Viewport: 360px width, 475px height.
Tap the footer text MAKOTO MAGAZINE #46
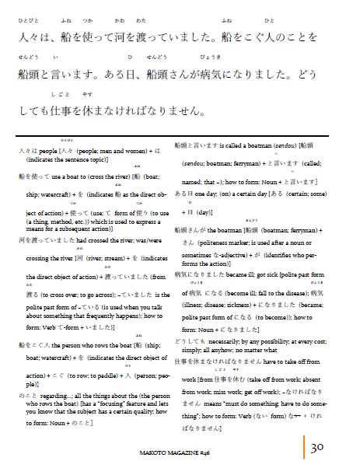point(177,450)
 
